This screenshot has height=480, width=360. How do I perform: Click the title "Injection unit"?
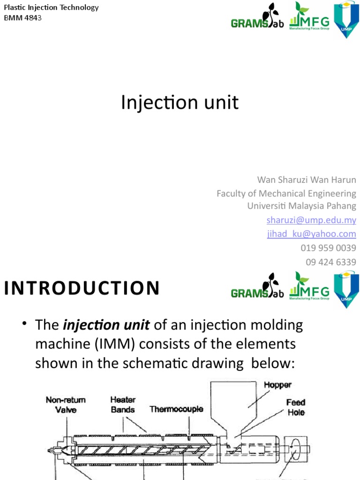coord(180,103)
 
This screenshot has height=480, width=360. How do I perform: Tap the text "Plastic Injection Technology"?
coord(51,7)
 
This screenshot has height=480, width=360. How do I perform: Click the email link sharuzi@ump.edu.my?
coord(311,220)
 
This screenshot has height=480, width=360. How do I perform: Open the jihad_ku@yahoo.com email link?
coord(311,233)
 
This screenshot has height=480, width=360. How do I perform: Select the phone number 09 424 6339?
coord(330,262)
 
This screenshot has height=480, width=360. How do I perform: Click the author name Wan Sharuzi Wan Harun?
coord(307,180)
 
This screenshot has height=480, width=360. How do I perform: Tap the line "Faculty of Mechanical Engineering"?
coord(286,193)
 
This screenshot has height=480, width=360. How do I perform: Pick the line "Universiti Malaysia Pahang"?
coord(301,206)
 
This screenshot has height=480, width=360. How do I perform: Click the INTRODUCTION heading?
coord(82,288)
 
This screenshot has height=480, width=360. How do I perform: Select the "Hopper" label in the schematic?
coord(278,385)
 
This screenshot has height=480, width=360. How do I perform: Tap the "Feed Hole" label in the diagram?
coord(296,407)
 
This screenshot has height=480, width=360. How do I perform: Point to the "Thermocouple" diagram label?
coord(176,409)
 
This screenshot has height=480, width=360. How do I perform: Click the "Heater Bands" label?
coord(123,405)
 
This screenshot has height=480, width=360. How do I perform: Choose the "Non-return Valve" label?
coord(65,405)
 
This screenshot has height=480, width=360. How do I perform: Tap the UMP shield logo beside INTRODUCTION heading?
coord(346,290)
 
